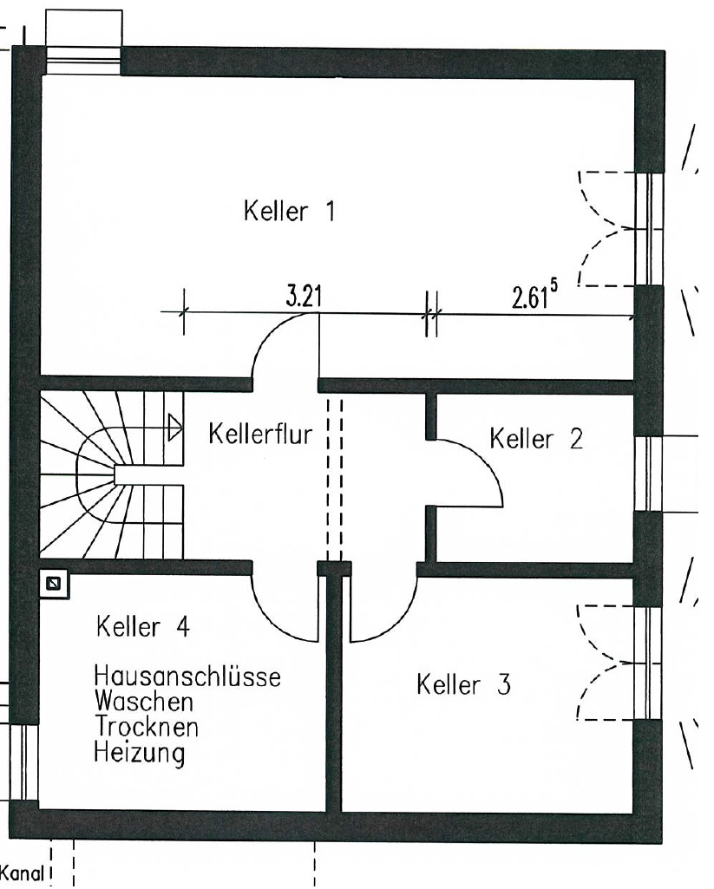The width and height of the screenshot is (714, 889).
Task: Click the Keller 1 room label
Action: point(290,211)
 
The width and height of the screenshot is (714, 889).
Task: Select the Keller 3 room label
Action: point(463,685)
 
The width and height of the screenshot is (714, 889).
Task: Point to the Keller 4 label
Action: point(144,626)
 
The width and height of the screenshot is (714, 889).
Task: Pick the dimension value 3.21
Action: point(304,297)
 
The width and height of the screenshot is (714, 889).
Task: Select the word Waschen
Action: point(145,698)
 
